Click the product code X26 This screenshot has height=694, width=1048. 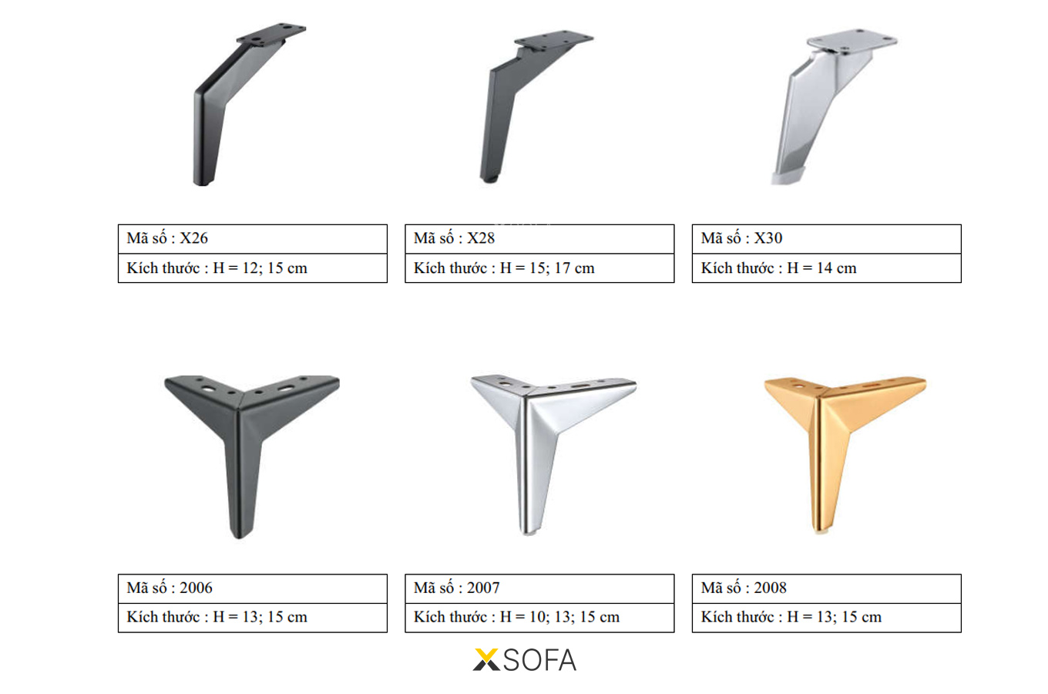[x=193, y=238]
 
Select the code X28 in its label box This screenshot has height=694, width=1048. [x=481, y=238]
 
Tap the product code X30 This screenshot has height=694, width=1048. [x=768, y=238]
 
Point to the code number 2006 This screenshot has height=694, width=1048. [x=196, y=588]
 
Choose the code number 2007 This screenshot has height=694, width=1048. [x=483, y=588]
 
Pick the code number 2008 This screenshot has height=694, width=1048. [x=770, y=588]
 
